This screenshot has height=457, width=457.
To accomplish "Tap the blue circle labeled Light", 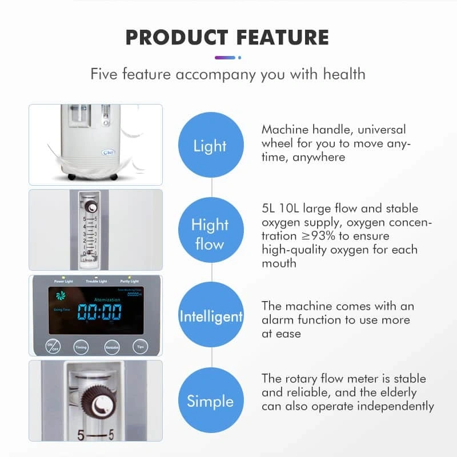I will (210, 146).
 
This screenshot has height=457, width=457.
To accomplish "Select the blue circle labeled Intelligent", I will (211, 316).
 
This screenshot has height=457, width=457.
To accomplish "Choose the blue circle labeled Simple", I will (210, 400).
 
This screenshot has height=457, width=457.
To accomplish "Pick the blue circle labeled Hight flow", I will (210, 234).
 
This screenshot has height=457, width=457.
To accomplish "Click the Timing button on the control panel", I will (81, 346).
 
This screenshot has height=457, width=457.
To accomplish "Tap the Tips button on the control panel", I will (141, 346).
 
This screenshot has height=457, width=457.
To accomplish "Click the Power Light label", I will (63, 282).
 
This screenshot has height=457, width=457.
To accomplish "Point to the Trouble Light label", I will (96, 282).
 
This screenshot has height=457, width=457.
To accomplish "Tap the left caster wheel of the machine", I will (72, 177).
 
